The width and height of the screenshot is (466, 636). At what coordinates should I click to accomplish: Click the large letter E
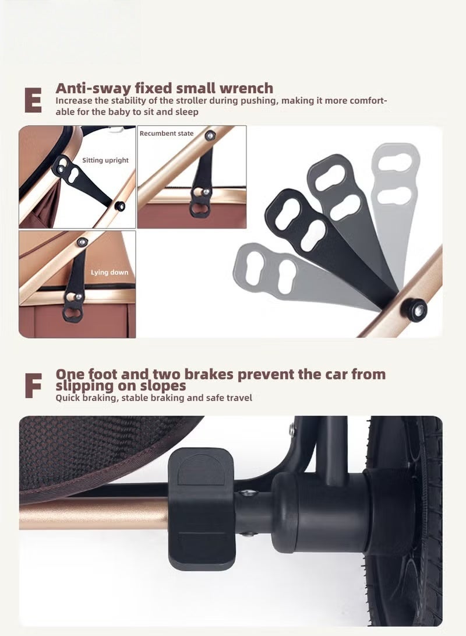click(33, 100)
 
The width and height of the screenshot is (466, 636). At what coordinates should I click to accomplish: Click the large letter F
click(33, 386)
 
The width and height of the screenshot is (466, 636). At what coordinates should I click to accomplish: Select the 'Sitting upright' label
click(105, 160)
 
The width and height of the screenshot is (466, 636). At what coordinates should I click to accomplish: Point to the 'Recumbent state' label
click(167, 133)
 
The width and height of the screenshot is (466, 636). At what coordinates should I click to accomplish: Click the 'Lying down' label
click(110, 272)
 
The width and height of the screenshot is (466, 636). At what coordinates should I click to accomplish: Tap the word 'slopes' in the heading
click(163, 385)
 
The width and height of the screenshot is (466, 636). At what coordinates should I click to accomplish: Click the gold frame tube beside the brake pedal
click(94, 514)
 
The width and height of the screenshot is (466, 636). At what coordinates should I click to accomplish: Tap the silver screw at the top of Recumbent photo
click(210, 136)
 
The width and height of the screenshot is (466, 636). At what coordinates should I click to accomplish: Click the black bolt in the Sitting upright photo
click(119, 206)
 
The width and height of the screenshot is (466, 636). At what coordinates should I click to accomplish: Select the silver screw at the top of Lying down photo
click(82, 242)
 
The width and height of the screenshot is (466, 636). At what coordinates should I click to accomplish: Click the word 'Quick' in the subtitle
click(68, 398)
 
